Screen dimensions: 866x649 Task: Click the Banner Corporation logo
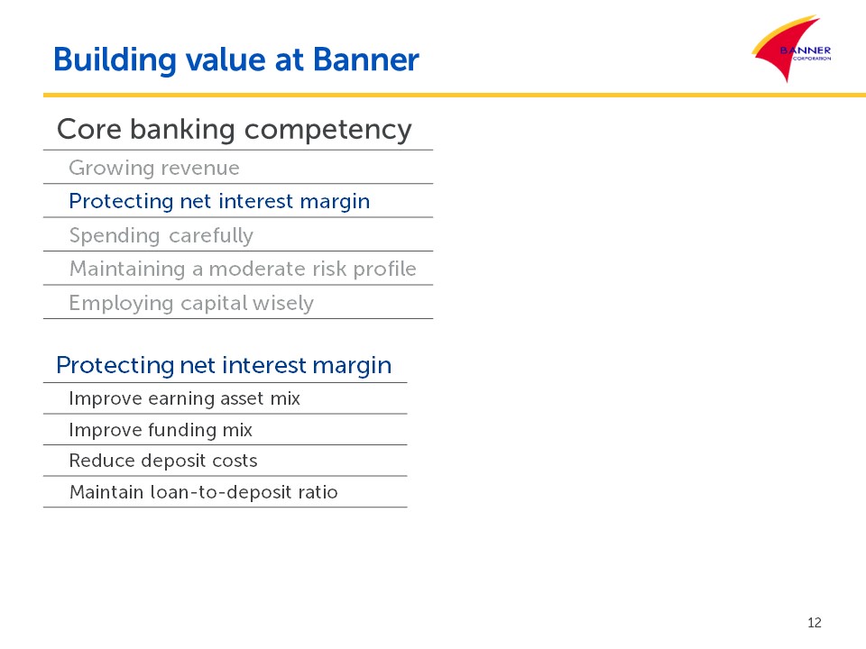(x=792, y=49)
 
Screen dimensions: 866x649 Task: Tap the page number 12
(x=814, y=623)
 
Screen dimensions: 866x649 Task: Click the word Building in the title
(x=115, y=60)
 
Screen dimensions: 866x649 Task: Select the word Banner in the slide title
(x=366, y=59)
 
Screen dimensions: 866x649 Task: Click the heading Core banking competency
(x=235, y=130)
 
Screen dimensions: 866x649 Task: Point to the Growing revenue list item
(x=154, y=168)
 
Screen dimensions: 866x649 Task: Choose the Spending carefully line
(x=161, y=235)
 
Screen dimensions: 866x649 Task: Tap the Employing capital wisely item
(x=191, y=304)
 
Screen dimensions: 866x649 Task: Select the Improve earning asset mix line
(x=184, y=398)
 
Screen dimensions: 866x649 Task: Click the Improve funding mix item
(x=161, y=430)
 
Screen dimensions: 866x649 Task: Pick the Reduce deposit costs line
(x=163, y=461)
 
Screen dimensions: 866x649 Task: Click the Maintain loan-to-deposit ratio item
(x=203, y=492)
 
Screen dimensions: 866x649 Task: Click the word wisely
(x=282, y=304)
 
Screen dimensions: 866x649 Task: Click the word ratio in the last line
(x=318, y=492)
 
